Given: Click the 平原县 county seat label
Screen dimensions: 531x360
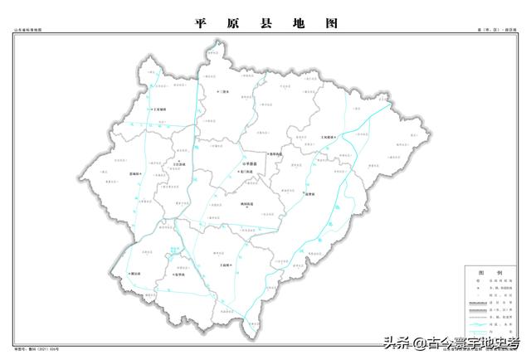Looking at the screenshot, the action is click(251, 164).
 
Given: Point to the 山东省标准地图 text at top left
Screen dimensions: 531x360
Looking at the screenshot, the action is click(27, 32).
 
